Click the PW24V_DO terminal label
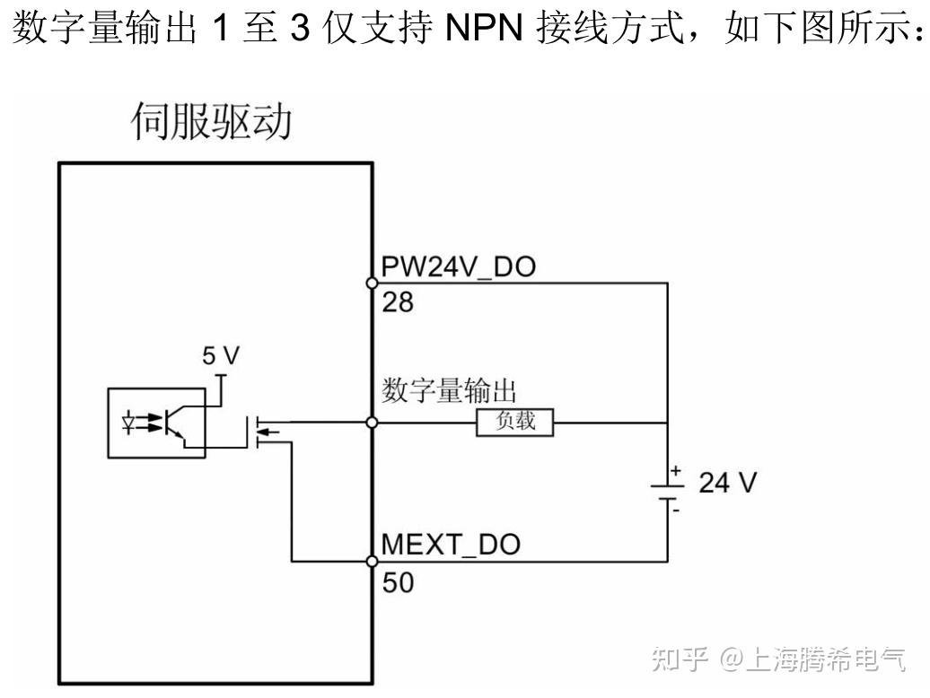[x=458, y=267]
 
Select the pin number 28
[x=398, y=303]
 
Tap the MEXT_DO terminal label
[x=451, y=545]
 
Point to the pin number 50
[x=398, y=583]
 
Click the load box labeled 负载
[x=514, y=422]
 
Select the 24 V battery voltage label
[x=727, y=483]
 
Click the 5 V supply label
[x=220, y=356]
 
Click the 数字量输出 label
[x=452, y=391]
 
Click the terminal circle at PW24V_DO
[x=373, y=283]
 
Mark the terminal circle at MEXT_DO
[x=373, y=562]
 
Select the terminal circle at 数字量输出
[x=373, y=422]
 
